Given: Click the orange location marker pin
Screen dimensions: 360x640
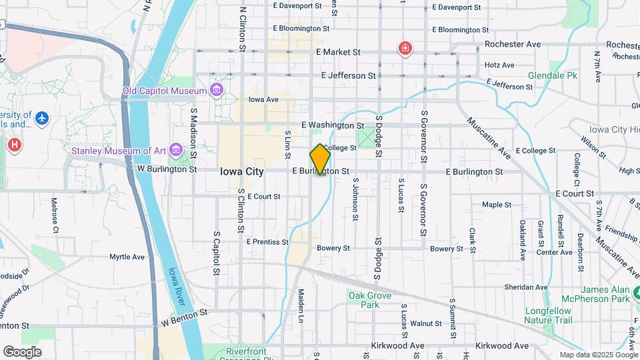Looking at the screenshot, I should [x=320, y=159].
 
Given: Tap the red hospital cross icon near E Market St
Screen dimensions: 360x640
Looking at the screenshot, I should [x=405, y=49].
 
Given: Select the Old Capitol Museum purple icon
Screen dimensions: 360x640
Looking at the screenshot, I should [x=217, y=90].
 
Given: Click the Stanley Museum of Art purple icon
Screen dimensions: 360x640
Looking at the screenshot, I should [x=175, y=150].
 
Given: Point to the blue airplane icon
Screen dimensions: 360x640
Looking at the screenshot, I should [x=42, y=118].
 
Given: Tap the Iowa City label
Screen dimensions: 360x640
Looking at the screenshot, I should [x=242, y=171].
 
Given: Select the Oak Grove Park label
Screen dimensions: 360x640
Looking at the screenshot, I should [x=363, y=299].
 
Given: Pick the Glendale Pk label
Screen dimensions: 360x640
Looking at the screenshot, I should [x=553, y=76].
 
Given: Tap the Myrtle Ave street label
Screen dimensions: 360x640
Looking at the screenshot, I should [x=127, y=257].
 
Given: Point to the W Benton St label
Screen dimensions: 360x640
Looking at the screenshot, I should [x=185, y=311].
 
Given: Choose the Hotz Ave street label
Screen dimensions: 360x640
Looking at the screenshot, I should [x=499, y=65].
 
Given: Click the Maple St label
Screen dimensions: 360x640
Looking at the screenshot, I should [x=496, y=205].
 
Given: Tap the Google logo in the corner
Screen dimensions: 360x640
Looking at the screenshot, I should [x=22, y=351].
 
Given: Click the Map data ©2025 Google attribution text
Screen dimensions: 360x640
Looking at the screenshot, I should [x=598, y=355].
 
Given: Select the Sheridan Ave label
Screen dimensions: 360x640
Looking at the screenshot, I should [x=527, y=287].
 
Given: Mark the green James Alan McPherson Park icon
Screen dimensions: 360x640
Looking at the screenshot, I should [x=636, y=293].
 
